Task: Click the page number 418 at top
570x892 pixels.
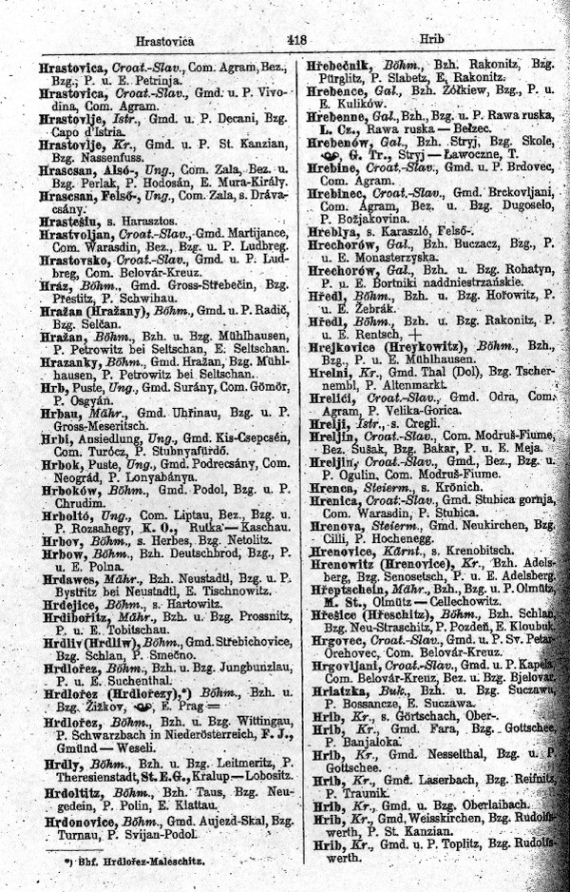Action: [294, 42]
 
